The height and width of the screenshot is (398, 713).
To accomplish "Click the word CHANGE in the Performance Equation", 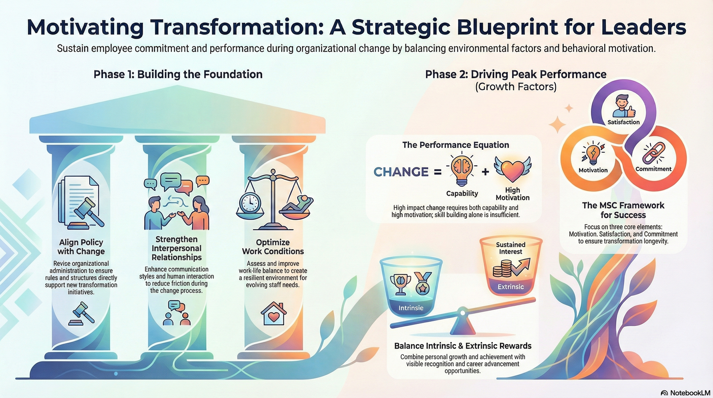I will (401, 172).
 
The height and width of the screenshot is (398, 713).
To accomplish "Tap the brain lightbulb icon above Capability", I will (462, 169).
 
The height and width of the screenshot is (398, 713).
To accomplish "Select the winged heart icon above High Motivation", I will (512, 169).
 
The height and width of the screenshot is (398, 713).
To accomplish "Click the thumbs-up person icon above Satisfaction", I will (623, 106).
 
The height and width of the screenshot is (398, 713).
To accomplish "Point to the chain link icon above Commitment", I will (653, 153).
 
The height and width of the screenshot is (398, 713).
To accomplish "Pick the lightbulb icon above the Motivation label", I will (593, 153).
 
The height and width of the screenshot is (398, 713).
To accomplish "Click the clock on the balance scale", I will (250, 203).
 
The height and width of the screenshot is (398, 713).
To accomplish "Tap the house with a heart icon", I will (274, 313).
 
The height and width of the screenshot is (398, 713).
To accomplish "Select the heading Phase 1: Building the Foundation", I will (178, 74).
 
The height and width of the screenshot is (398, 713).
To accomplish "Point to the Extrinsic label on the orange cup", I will (511, 287).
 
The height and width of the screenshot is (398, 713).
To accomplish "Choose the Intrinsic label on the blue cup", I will (411, 308).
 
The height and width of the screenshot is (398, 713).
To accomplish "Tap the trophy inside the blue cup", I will (400, 283).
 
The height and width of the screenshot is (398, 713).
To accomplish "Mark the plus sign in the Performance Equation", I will (485, 172).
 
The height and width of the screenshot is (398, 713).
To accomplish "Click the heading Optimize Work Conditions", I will (273, 246).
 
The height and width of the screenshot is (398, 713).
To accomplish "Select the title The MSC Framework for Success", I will (623, 210).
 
